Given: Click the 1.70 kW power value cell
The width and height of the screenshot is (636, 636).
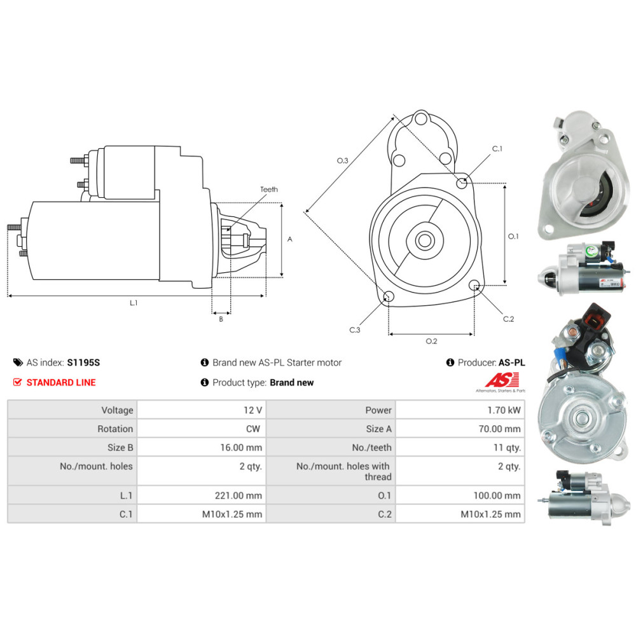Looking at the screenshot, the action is coord(504,410).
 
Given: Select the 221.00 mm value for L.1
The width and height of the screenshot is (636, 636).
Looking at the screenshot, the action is coord(238,495).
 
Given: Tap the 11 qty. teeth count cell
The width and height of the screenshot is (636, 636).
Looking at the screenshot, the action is coord(507,447).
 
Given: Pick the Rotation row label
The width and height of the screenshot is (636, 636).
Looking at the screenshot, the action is coord(115,429).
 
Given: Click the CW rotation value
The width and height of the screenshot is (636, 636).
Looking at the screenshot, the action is coord(253,429).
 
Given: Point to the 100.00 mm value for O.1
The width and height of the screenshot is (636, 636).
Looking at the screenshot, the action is coord(497,495).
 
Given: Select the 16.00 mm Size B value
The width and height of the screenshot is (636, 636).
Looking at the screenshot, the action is coord(241,447).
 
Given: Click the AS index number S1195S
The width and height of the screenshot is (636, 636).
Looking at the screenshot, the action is coord(83,363).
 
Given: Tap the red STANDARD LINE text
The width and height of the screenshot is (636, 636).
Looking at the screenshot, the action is coord(61,382).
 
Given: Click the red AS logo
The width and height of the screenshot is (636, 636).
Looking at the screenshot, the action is coord(502,380).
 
